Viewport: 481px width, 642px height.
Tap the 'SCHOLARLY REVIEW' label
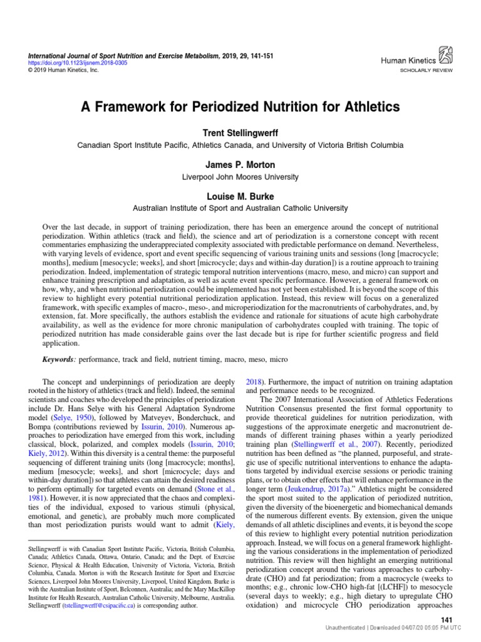click(425, 71)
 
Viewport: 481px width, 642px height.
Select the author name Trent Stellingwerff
click(240, 133)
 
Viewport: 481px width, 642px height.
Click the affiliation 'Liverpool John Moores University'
click(240, 177)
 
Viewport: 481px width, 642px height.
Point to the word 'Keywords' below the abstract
click(59, 360)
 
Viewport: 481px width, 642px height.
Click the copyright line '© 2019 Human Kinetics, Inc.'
click(55, 70)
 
